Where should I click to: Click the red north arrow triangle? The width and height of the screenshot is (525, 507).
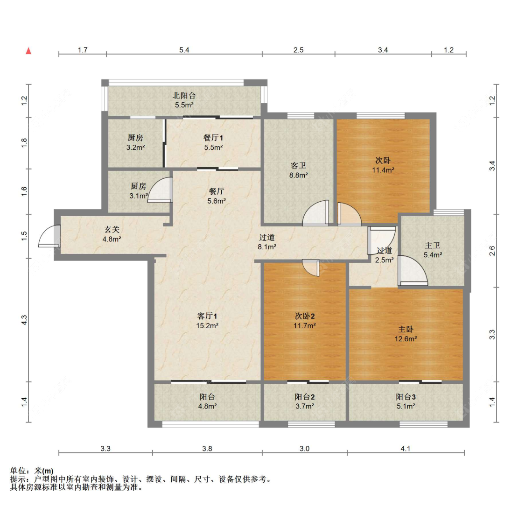click(x=28, y=51)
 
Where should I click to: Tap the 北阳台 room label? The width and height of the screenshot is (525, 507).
click(x=184, y=100)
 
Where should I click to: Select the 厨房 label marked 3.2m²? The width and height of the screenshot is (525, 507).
click(x=135, y=142)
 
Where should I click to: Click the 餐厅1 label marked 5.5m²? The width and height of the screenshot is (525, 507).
click(x=213, y=142)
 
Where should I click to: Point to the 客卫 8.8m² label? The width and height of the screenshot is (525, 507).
click(x=298, y=170)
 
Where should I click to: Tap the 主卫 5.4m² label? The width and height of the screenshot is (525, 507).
click(x=433, y=250)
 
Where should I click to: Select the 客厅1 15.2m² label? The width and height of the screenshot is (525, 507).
click(x=208, y=321)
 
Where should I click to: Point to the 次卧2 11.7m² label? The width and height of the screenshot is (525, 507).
click(x=305, y=321)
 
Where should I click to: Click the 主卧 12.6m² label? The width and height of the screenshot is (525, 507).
click(x=406, y=334)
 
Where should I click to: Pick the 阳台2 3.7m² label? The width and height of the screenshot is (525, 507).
click(x=305, y=401)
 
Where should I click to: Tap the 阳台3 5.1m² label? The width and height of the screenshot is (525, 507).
click(x=406, y=401)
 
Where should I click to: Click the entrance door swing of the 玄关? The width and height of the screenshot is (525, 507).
click(x=48, y=236)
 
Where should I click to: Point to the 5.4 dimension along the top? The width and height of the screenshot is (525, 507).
click(x=184, y=50)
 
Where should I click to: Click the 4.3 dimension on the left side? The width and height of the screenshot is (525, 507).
click(x=25, y=320)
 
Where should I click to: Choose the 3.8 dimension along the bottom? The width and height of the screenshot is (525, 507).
click(x=207, y=449)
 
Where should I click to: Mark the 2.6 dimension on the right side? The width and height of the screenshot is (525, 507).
click(x=492, y=251)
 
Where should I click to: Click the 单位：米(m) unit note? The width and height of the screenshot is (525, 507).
click(x=32, y=471)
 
